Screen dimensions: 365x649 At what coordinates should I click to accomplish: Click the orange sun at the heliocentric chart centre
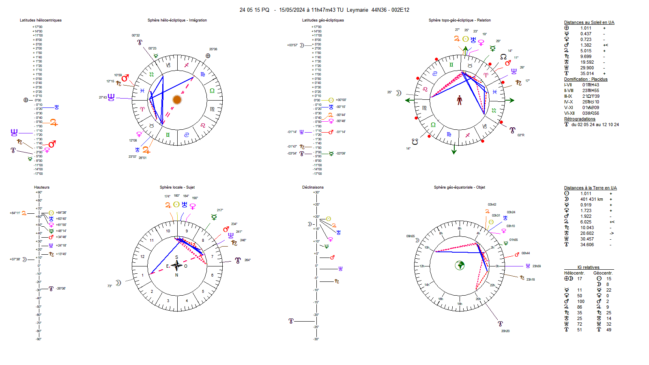pos(176,100)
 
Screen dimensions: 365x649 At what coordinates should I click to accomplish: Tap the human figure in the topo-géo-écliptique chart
pos(460,100)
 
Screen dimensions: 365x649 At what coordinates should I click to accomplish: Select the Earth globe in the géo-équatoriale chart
pos(460,265)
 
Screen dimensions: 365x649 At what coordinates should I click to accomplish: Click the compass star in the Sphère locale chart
pos(176,266)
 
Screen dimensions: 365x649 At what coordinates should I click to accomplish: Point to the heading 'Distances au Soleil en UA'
pos(589,23)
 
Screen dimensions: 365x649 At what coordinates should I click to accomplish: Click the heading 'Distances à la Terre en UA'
pos(590,188)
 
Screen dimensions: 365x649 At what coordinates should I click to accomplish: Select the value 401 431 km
pos(591,199)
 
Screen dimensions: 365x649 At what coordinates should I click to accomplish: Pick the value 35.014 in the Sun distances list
pos(587,74)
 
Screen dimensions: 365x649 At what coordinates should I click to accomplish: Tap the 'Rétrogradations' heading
pos(580,119)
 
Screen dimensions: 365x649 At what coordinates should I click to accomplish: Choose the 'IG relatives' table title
pos(589,268)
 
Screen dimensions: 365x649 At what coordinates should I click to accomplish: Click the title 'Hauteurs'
pos(42,187)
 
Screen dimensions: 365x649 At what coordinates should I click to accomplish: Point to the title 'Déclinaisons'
pos(313,187)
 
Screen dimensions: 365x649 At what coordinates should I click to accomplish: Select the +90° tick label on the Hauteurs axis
pos(39,192)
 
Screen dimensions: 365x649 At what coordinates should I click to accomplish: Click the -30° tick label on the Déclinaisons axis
pos(316,339)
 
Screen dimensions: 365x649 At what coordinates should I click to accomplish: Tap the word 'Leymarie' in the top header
pos(357,10)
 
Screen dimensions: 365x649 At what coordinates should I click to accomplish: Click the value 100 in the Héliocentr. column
pos(581,302)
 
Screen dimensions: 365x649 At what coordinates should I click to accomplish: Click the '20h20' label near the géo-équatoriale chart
pos(505,331)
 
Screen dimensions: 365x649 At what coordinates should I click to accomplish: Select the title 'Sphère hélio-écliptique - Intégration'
pos(177,20)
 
